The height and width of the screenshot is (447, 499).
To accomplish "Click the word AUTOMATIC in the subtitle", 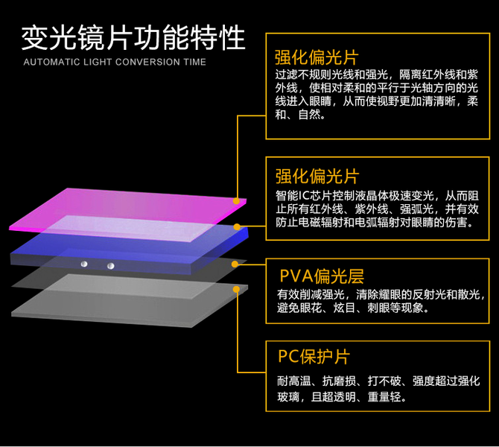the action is [48, 62].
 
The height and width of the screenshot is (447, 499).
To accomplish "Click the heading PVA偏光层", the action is [321, 276].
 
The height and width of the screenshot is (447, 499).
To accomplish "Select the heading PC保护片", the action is [314, 357].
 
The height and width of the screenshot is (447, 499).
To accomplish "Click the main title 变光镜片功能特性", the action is [133, 35].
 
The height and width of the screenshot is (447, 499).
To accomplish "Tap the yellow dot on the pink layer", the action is [236, 200].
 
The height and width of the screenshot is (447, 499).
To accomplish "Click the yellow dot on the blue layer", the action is [237, 226].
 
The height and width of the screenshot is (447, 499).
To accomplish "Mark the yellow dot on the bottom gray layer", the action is [237, 288].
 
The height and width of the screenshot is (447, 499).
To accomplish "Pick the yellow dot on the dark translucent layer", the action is [237, 263].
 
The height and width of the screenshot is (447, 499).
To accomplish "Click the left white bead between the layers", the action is [85, 264].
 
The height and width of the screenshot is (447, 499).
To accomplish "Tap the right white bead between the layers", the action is [110, 265].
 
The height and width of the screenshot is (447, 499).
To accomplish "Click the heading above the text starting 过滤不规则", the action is [317, 57].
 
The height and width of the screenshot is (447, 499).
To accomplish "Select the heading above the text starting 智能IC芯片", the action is [317, 176].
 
